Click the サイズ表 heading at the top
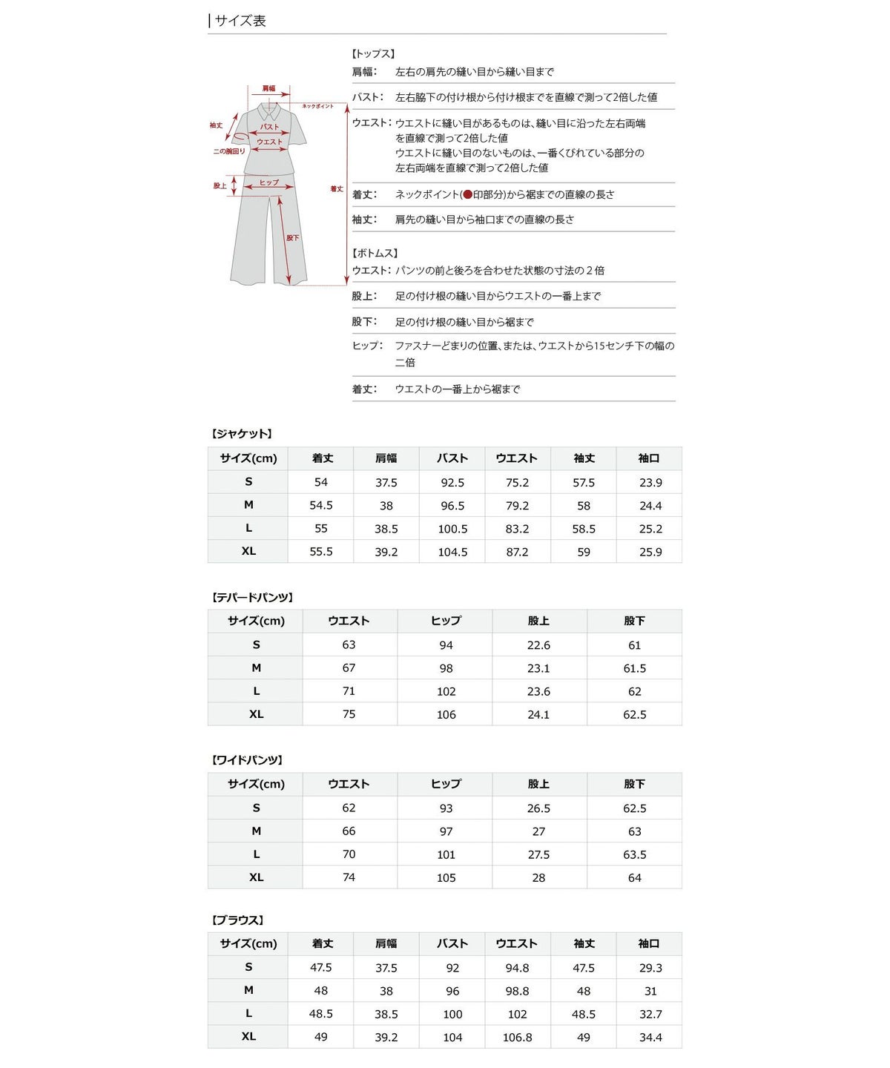(240, 21)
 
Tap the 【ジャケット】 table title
(242, 434)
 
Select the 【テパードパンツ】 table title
(252, 597)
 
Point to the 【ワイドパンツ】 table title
(247, 760)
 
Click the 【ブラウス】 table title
(237, 920)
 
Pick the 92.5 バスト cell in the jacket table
(452, 482)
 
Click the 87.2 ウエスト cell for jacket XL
(517, 552)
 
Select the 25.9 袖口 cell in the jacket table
(650, 552)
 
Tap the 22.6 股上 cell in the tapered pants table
(538, 645)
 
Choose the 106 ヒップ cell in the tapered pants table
(446, 714)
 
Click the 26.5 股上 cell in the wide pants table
(538, 808)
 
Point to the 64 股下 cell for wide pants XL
(634, 877)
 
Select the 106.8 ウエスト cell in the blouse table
(517, 1038)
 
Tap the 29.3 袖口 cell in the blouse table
(650, 968)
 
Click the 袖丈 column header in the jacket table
(584, 458)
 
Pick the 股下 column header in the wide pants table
(634, 784)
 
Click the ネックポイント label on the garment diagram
(317, 106)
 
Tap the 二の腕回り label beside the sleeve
(228, 151)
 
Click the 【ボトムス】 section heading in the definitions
(375, 253)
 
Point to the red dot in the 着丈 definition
(467, 194)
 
